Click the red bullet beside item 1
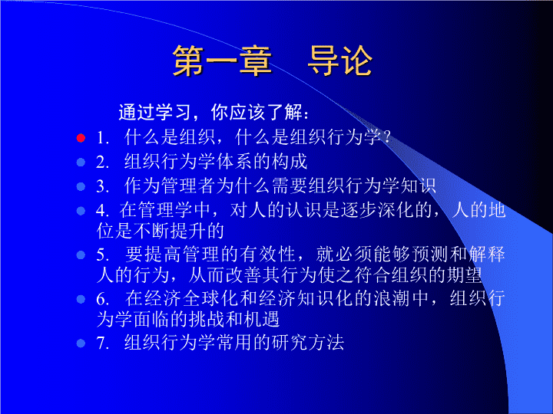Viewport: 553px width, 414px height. click(x=81, y=138)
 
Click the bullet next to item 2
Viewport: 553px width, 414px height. click(x=81, y=163)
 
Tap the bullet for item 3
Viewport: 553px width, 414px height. click(x=81, y=186)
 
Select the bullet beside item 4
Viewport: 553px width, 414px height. click(x=81, y=211)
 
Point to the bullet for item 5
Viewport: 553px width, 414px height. click(x=81, y=255)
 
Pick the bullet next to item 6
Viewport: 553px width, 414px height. click(x=81, y=299)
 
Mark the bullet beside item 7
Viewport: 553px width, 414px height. click(x=81, y=343)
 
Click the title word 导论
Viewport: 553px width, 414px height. click(x=340, y=61)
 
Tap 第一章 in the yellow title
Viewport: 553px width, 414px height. click(x=222, y=61)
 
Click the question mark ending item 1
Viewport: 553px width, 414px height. click(x=387, y=136)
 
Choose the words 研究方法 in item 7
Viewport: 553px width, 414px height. click(x=307, y=342)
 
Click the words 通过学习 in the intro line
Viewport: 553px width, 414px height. click(x=154, y=112)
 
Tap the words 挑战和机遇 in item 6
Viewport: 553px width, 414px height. click(x=234, y=319)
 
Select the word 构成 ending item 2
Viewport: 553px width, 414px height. click(x=290, y=162)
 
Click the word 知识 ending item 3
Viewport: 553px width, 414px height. click(x=419, y=186)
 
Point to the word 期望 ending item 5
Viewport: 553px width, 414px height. click(x=464, y=275)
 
